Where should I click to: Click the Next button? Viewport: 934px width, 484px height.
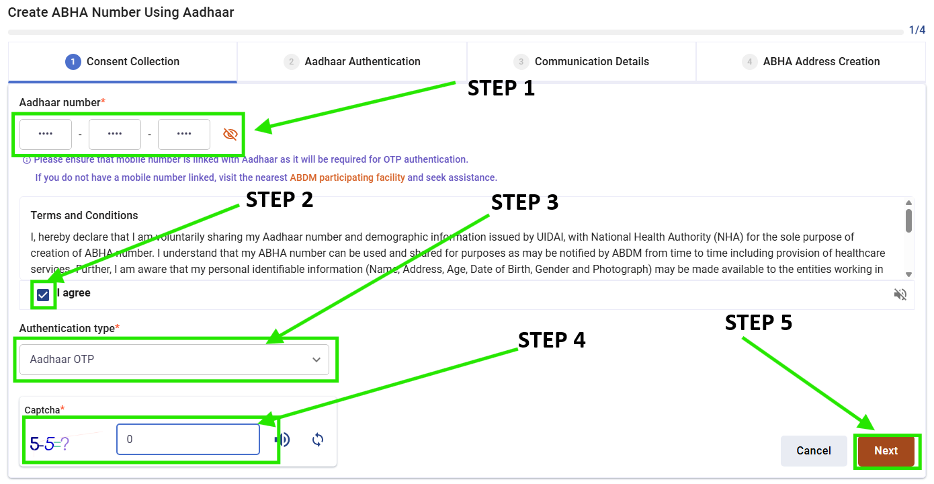coord(886,450)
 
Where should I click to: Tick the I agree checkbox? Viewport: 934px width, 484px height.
coord(44,294)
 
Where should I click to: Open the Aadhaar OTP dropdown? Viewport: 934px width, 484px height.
coord(174,360)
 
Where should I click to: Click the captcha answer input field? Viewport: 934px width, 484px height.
coord(187,440)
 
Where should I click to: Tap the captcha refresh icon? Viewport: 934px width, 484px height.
coord(318,440)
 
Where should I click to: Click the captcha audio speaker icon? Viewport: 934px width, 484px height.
coord(283,440)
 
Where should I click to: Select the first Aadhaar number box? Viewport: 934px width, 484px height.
coord(46,134)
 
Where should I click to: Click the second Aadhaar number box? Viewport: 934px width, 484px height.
coord(115,134)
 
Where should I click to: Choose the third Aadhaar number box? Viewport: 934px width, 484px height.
coord(184,134)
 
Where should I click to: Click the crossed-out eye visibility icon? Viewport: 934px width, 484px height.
coord(230,134)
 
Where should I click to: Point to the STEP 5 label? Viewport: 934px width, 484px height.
coord(758,323)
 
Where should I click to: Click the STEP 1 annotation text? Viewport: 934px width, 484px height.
coord(501,88)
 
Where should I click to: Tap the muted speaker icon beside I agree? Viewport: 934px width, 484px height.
coord(900,294)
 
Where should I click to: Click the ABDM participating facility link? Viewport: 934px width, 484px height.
coord(347,177)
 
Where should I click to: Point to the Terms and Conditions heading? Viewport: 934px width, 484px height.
coord(85,216)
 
